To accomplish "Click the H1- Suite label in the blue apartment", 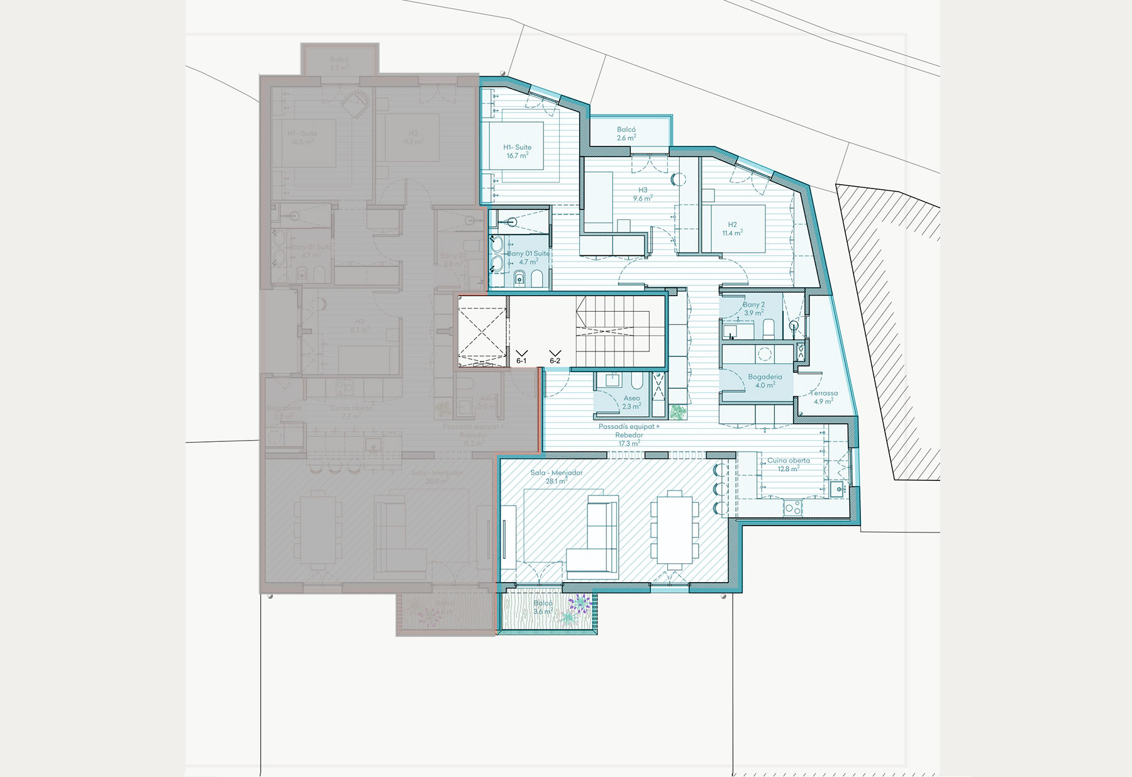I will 517,151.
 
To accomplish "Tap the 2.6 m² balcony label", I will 626,134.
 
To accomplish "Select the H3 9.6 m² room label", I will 643,194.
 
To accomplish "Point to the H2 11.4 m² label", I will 733,229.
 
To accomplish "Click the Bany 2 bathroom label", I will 753,309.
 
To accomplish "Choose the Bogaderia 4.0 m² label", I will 765,381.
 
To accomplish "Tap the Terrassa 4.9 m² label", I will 823,397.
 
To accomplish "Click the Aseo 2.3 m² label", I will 631,402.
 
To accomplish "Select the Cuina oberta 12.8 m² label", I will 788,465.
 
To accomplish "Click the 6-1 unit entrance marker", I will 521,357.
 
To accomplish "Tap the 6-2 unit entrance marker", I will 555,357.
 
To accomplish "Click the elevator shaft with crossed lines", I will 482,331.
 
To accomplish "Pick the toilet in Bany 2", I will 769,328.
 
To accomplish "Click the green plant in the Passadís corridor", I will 679,412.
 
